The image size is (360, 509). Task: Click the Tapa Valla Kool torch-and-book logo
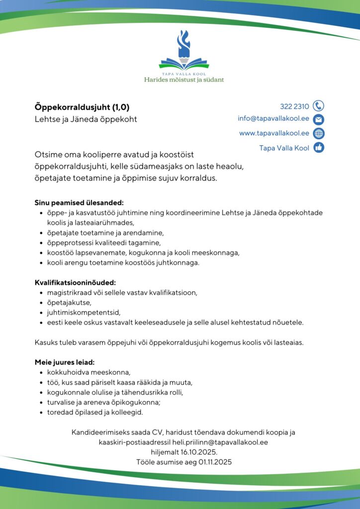184,50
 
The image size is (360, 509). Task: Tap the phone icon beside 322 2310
319,106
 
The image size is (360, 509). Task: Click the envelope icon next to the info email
319,119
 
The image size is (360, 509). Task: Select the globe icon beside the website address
319,133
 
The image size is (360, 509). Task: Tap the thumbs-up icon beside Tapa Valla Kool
319,148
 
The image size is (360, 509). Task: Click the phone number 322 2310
294,106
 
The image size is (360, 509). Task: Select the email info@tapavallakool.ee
273,119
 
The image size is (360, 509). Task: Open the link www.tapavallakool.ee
274,133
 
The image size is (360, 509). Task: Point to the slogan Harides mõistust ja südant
184,80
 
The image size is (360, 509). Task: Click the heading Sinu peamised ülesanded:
79,203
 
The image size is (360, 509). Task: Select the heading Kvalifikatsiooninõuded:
75,283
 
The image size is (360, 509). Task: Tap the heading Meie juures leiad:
65,362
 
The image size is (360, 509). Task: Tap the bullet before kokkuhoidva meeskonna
40,372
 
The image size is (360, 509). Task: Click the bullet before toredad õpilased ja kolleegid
40,413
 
